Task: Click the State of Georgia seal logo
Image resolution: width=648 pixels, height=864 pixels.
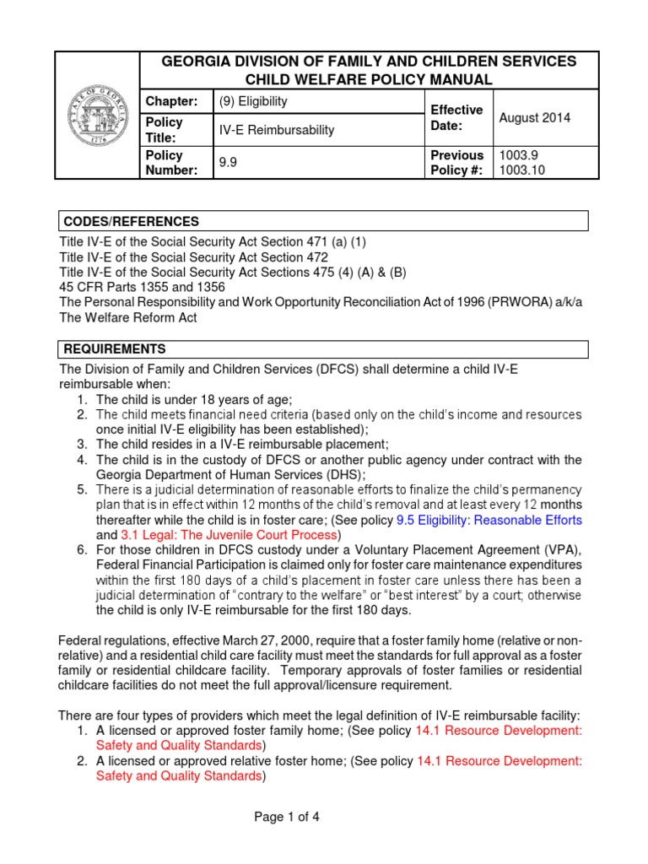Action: tap(97, 115)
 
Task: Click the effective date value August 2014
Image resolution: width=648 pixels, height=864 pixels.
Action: tap(534, 117)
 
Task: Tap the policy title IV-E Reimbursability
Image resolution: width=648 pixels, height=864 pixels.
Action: tap(278, 130)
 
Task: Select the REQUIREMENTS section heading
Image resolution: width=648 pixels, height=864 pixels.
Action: tap(113, 348)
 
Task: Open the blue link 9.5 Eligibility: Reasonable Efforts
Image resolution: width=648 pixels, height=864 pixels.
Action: tap(489, 520)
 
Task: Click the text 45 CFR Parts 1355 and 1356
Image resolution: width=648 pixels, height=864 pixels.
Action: tap(137, 287)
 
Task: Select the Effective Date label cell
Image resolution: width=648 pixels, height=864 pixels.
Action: tap(456, 117)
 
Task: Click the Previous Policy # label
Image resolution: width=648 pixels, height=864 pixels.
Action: tap(456, 163)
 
